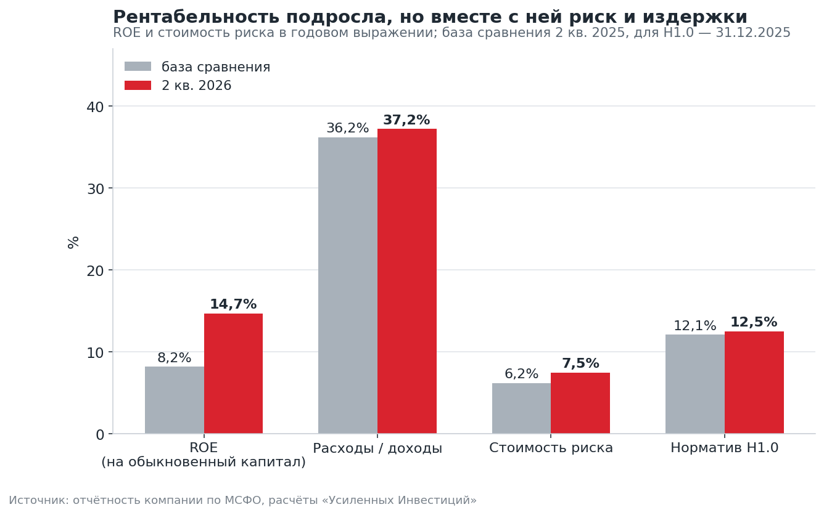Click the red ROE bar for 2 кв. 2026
click(x=233, y=373)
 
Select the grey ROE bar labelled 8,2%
click(x=175, y=400)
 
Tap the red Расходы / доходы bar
click(x=407, y=281)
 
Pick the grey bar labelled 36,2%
click(x=348, y=285)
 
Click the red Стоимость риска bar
click(x=580, y=403)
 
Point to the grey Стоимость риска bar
click(x=521, y=408)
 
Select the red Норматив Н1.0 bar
click(x=754, y=383)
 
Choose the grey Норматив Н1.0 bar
click(x=695, y=384)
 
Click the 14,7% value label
click(x=233, y=304)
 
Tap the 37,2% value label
click(x=406, y=120)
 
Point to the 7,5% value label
click(x=580, y=363)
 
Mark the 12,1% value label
click(x=695, y=325)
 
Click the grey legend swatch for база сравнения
click(x=138, y=67)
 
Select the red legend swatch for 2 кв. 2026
click(x=138, y=85)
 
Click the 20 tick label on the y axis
click(x=95, y=270)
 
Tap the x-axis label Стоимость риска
click(x=551, y=448)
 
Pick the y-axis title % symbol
click(x=73, y=243)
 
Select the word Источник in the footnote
click(x=39, y=500)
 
